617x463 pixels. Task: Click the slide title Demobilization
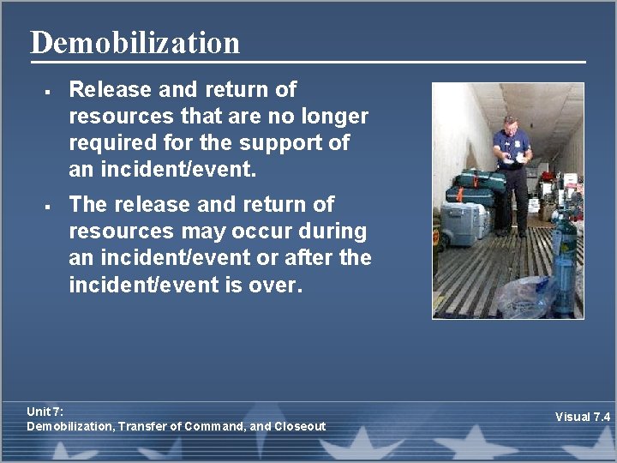135,42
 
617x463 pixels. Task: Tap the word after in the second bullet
309,258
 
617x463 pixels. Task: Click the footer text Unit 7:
45,412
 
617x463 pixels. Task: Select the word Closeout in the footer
299,426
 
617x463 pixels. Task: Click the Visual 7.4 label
582,417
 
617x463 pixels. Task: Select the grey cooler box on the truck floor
462,224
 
